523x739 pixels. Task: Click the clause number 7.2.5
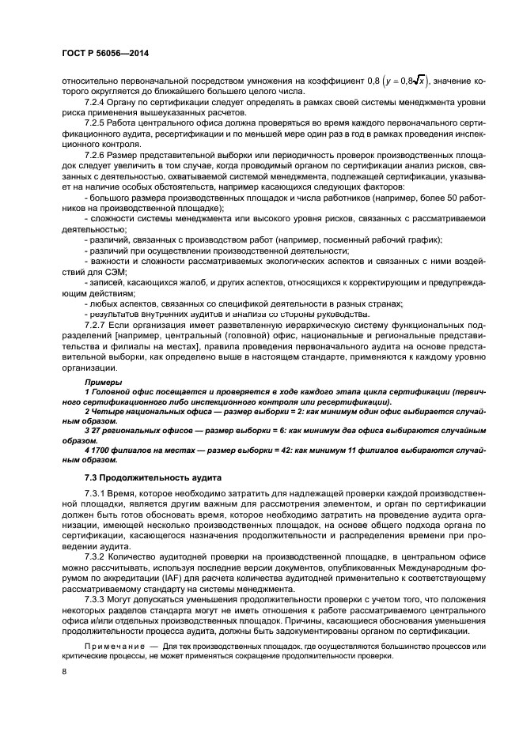(x=97, y=125)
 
